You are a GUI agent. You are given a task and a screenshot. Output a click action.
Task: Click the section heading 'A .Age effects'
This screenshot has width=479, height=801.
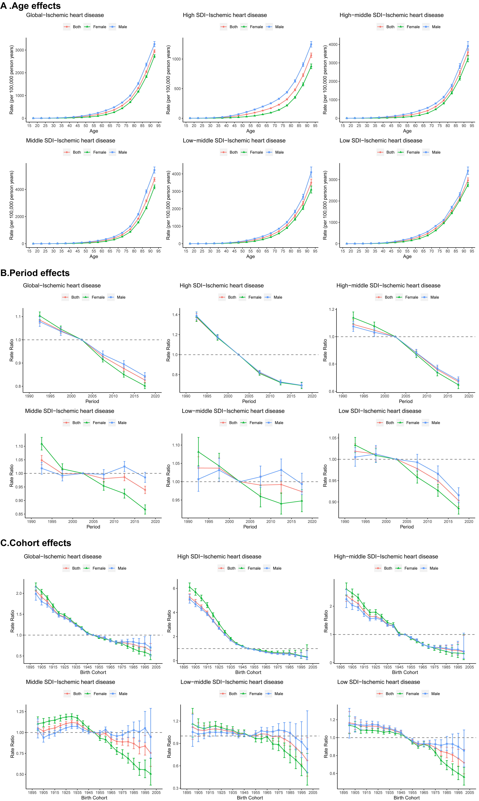click(31, 6)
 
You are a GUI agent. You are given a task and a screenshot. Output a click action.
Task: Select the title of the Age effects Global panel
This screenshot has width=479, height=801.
click(65, 15)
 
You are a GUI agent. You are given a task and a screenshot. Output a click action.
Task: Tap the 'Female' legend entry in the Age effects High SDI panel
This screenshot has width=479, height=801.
click(256, 27)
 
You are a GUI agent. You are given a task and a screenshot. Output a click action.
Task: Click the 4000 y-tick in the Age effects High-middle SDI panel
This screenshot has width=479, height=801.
click(333, 45)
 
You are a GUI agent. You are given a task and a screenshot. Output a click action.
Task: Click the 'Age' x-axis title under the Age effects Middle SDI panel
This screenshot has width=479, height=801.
click(94, 256)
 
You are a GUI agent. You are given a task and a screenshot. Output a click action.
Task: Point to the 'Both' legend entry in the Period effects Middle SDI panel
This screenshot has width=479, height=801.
click(76, 423)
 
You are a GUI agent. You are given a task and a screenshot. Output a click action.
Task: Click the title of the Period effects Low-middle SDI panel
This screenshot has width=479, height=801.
click(233, 411)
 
